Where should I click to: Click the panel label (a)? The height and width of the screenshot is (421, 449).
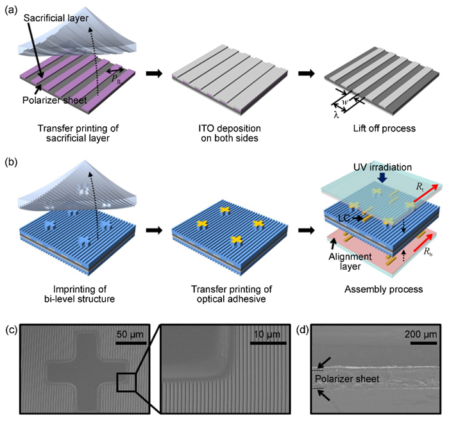11,9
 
